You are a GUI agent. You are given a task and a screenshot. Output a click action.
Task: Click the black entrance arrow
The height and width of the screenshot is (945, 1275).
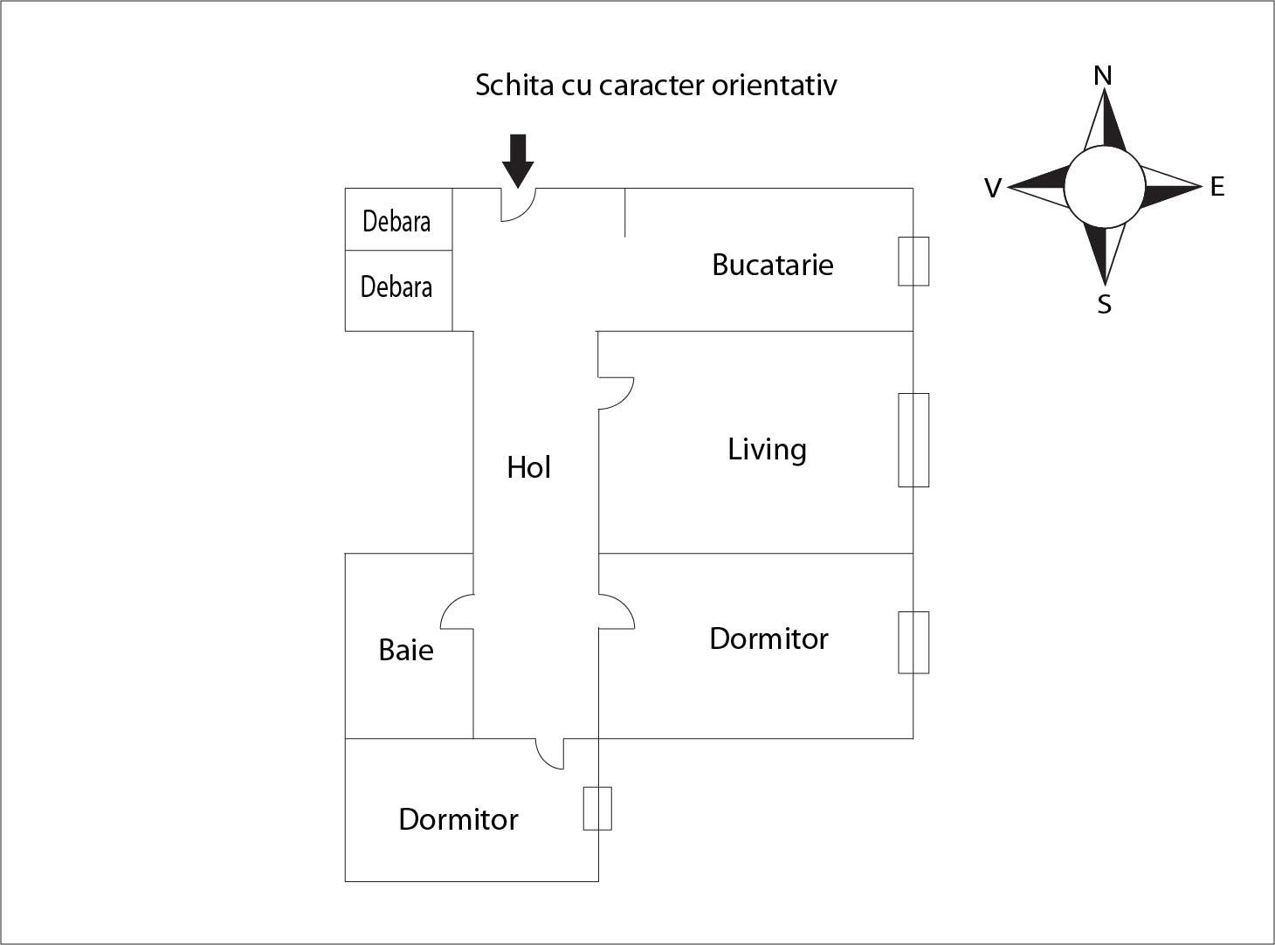[x=518, y=160]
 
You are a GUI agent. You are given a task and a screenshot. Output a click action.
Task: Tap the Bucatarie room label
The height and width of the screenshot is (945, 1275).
[x=773, y=265]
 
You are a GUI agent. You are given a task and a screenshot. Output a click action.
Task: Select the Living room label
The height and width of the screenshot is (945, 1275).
[x=767, y=450]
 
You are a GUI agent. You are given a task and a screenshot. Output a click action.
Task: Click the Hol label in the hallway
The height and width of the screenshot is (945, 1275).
[x=528, y=468]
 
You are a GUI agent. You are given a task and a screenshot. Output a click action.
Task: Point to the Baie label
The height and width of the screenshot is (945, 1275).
[x=406, y=650]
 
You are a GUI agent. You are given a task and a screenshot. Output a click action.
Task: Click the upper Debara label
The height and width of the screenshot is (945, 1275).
[x=396, y=222]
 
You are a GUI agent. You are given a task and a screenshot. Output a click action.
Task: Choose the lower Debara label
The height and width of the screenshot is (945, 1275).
[x=396, y=286]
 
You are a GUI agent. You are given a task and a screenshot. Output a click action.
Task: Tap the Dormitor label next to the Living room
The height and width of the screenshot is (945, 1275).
[x=768, y=638]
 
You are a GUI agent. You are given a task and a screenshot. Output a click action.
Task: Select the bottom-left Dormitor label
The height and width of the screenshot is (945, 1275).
[x=458, y=819]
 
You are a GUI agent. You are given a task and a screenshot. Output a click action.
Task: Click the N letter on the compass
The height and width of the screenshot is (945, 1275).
[x=1103, y=76]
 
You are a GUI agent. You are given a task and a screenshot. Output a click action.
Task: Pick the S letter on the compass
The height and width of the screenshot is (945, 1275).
[x=1105, y=305]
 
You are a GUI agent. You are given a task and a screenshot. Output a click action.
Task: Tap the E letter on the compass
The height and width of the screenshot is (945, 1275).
[x=1217, y=186]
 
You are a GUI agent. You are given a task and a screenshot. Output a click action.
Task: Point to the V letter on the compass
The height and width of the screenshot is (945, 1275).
[x=992, y=189]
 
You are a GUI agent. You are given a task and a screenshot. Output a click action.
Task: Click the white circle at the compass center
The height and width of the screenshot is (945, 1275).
[x=1105, y=186]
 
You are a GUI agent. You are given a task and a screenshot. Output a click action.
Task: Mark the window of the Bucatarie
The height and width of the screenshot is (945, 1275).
[x=913, y=261]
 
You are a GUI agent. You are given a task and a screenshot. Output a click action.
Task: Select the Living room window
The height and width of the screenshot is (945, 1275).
[x=913, y=439]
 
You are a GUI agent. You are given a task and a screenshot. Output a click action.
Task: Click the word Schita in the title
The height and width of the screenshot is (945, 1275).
[x=507, y=85]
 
